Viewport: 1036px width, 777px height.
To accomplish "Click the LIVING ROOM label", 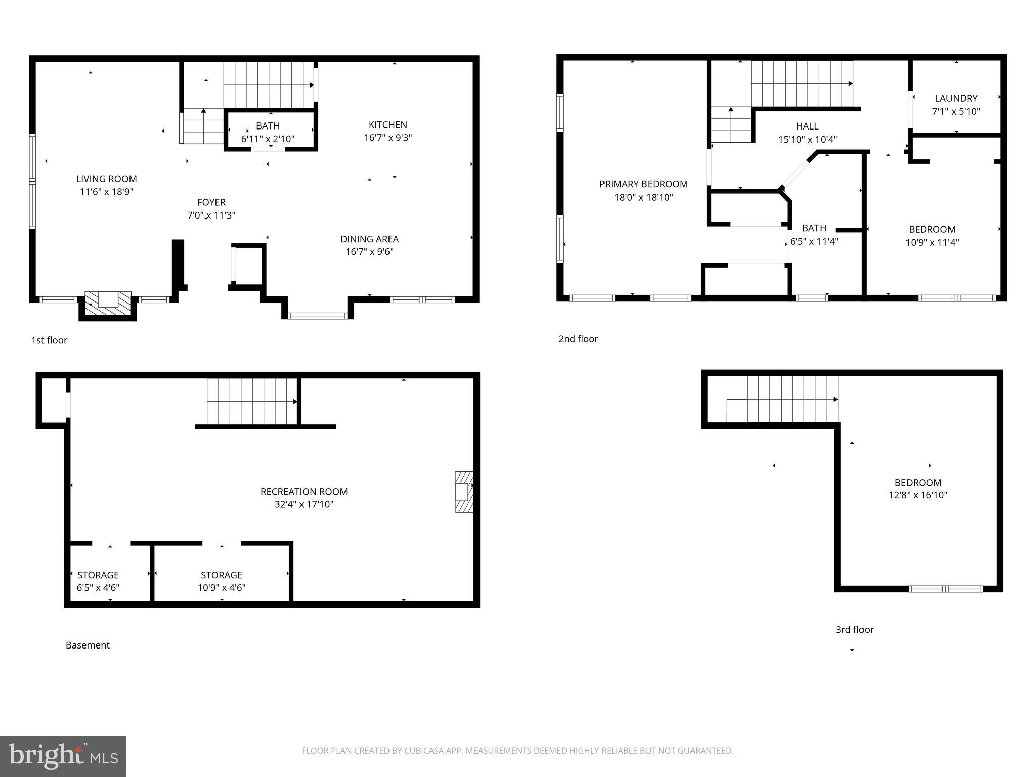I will tap(106, 179).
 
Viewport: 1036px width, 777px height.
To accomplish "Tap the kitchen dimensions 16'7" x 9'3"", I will tap(387, 138).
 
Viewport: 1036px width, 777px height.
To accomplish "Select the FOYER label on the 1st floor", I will tap(211, 202).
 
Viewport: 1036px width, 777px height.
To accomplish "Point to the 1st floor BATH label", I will tap(268, 126).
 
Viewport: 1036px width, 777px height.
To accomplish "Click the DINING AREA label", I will tap(369, 239).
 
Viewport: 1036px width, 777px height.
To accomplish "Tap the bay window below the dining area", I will tap(317, 316).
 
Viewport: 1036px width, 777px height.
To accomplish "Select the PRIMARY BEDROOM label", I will tap(643, 184).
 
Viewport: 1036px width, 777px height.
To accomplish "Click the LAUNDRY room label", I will tap(956, 98).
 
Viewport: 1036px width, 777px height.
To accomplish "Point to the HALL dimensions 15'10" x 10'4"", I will tap(807, 140).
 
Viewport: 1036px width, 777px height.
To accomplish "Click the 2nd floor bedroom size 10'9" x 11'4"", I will tap(932, 242).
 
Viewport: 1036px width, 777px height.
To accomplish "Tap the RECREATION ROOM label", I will tap(304, 491).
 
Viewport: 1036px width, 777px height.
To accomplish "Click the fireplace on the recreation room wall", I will tap(463, 492).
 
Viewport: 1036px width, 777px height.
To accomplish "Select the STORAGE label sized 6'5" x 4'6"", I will tap(98, 575).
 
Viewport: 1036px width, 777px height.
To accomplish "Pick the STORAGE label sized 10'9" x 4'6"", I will tap(221, 575).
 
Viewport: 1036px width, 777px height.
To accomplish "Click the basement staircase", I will tap(251, 402).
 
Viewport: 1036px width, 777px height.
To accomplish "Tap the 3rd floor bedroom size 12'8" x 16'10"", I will tap(918, 495).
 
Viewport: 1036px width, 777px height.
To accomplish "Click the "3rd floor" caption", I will tap(854, 629).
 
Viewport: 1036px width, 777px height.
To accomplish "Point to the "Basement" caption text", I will tap(88, 645).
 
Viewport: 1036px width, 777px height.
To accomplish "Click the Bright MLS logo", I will tap(63, 756).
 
